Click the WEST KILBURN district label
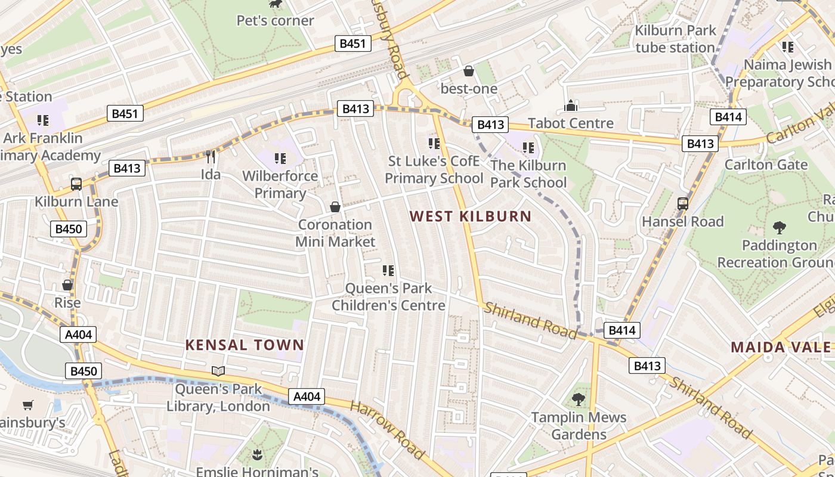(471, 216)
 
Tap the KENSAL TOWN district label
(245, 345)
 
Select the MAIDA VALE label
(781, 347)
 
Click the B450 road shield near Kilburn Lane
(69, 229)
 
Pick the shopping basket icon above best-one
(469, 71)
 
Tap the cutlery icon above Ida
(210, 157)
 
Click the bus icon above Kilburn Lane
(76, 184)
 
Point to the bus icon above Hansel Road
(683, 204)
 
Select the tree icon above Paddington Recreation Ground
(779, 227)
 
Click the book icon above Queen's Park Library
(218, 371)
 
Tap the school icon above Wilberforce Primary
(280, 159)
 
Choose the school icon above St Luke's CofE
(434, 143)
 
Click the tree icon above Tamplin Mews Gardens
(578, 399)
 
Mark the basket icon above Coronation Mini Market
(335, 207)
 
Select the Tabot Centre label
(571, 123)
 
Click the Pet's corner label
(275, 20)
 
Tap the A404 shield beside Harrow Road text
(307, 397)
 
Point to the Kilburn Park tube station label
(675, 39)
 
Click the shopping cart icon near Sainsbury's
(27, 405)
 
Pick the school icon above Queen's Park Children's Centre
(388, 271)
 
